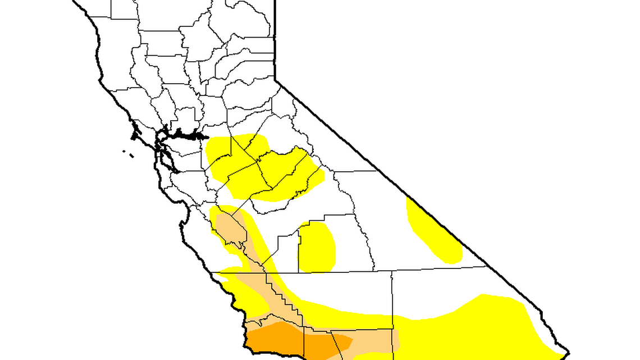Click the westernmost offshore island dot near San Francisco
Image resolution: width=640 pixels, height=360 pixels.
123,151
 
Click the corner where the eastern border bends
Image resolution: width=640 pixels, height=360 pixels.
275,80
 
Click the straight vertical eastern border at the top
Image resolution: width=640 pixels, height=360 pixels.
275,39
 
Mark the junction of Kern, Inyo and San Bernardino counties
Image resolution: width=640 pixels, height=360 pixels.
391,271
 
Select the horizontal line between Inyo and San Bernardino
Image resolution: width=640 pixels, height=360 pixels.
438,268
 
